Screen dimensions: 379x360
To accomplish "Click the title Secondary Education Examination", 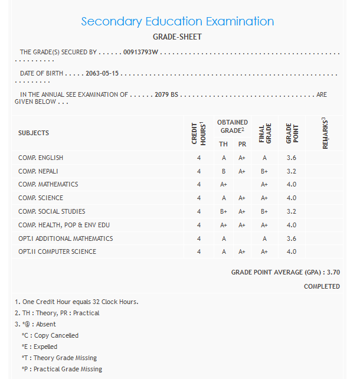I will (177, 22).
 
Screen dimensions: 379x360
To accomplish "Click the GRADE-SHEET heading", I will (177, 37).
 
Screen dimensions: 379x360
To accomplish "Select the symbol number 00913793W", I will (141, 53).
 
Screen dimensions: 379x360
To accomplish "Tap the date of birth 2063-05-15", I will (102, 74).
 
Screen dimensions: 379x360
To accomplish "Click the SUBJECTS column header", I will (34, 133).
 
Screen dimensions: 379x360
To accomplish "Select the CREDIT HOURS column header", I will (199, 133).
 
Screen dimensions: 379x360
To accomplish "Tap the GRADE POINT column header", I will (290, 133).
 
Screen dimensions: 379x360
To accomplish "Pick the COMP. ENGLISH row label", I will (41, 158).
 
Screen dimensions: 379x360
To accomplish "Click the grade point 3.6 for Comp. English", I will (291, 158).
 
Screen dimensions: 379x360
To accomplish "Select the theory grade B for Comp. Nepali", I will (224, 171).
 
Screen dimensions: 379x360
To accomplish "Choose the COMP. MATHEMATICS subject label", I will (48, 184).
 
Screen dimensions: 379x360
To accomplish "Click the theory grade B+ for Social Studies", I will (224, 211).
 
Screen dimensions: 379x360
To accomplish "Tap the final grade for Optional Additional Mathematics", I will (264, 238).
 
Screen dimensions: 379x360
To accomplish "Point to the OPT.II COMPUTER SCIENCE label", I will (57, 251).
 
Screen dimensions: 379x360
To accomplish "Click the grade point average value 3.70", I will (333, 272).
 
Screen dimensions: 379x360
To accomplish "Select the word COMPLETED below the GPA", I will (322, 286).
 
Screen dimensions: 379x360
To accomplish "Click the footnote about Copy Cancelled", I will (50, 335).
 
